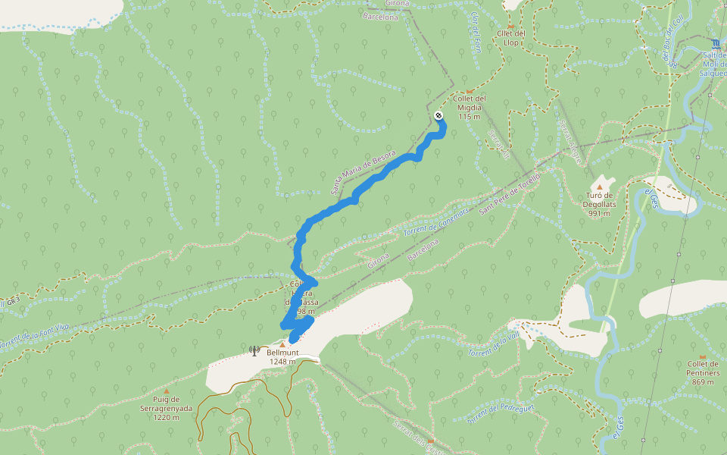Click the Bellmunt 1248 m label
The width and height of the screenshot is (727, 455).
[281, 357]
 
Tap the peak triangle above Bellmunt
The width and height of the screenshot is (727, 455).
[282, 344]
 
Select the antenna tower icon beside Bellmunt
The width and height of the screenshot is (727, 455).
[254, 351]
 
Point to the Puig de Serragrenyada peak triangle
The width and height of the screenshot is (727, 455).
[167, 391]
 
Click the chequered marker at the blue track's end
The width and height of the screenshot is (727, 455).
[438, 115]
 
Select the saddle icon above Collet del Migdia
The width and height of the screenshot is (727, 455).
[470, 90]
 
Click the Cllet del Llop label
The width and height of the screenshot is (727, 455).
[511, 37]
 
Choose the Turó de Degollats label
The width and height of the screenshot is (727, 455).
[600, 204]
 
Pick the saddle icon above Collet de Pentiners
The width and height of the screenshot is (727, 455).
[702, 356]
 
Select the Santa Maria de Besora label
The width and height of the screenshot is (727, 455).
[363, 171]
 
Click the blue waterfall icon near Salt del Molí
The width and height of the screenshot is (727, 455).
[716, 42]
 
